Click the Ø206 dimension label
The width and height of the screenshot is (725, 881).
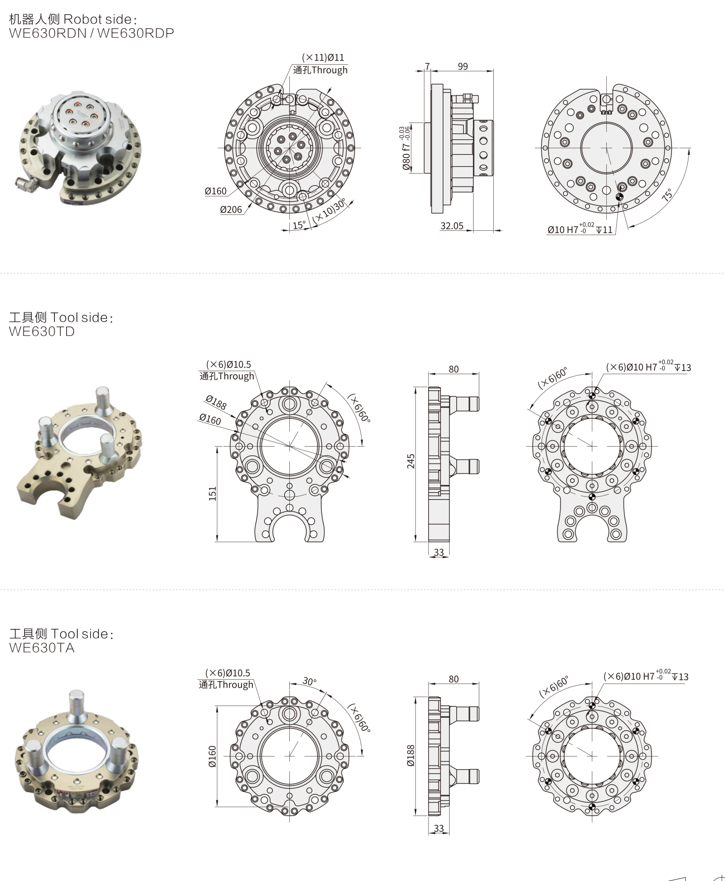[231, 210]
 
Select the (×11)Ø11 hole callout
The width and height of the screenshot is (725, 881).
[323, 57]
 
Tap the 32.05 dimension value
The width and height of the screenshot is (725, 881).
[452, 226]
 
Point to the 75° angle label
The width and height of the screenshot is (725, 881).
[667, 194]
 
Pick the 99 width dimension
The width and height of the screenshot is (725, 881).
[463, 66]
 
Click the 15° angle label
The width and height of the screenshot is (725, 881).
[299, 225]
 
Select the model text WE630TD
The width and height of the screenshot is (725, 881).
[42, 331]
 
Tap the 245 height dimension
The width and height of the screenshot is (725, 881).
[411, 461]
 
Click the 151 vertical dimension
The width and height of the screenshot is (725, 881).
[212, 494]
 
